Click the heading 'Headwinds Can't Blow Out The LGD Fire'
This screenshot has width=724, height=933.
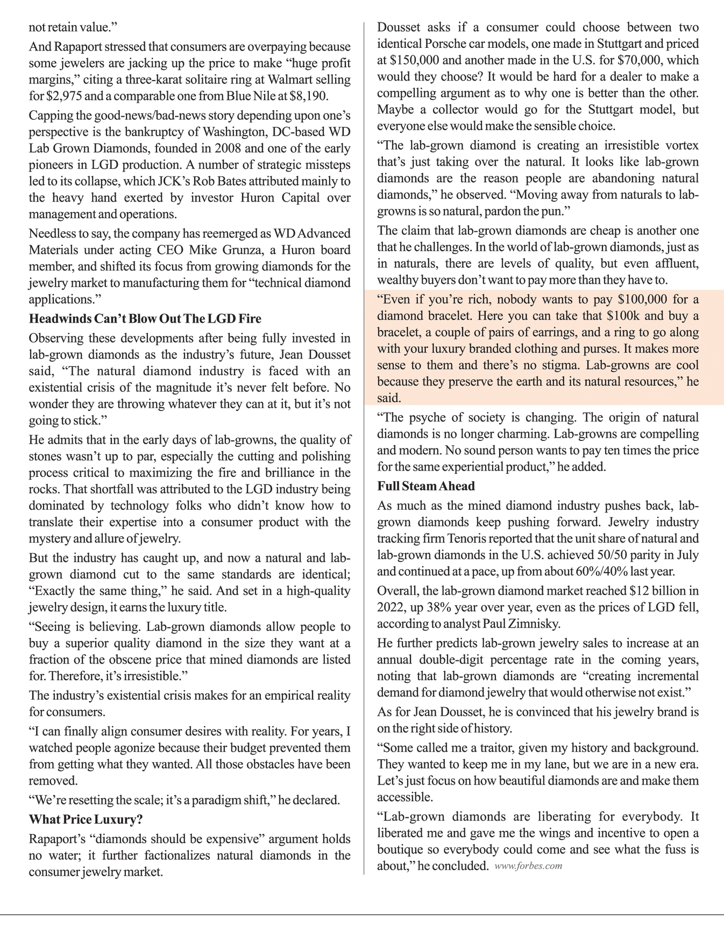(x=145, y=319)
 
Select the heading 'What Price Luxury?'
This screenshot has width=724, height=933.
(x=86, y=820)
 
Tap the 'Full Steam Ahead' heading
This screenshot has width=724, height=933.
(x=426, y=486)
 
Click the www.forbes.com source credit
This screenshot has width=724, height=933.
(x=528, y=866)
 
